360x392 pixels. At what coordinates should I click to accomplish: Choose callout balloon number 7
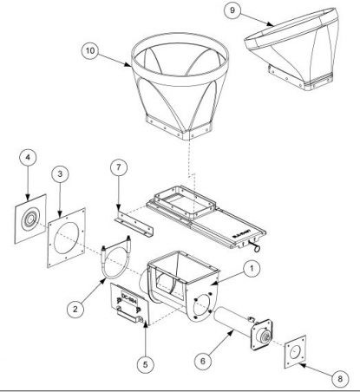point(119,167)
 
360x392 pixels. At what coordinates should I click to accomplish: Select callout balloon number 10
point(89,52)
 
